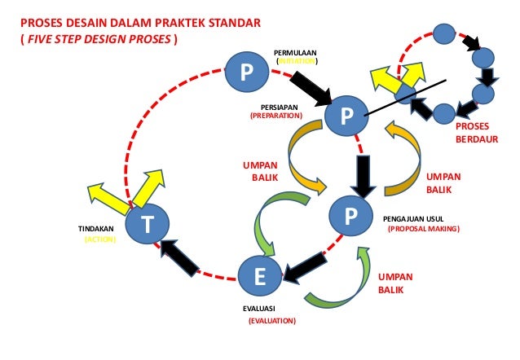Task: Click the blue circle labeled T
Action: point(148,225)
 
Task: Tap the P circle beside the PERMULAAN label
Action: point(245,72)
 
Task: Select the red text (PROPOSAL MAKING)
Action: point(424,230)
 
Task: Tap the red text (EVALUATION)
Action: point(272,322)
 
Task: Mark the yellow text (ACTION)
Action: point(101,240)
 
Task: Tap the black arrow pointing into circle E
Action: point(302,262)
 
